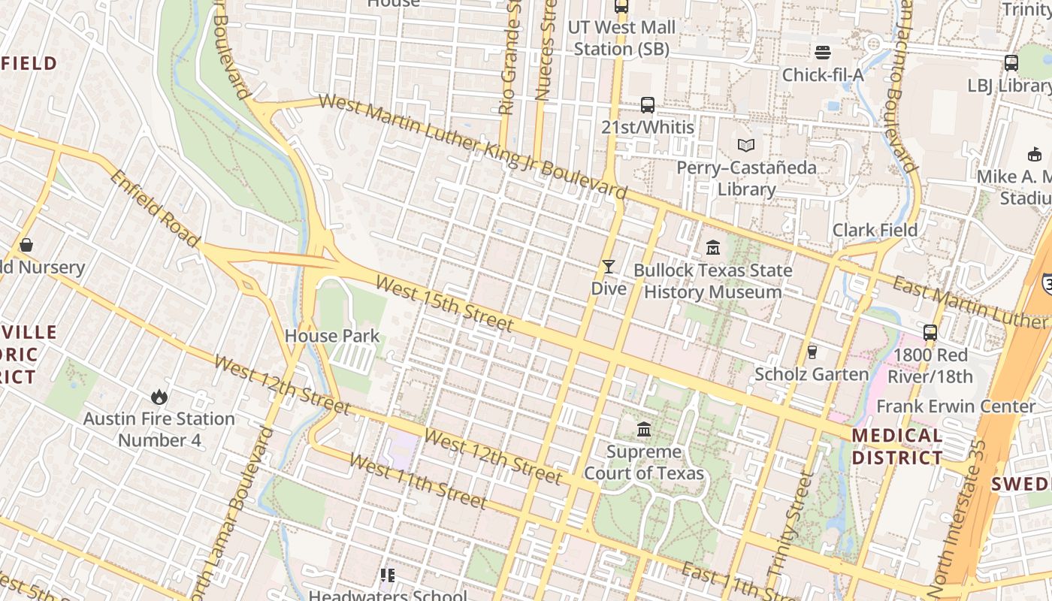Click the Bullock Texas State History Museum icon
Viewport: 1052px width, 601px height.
pos(713,247)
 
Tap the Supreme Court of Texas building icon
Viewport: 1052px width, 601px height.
pos(644,430)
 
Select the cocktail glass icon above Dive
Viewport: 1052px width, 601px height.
pos(608,267)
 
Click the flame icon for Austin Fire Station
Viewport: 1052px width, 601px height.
pos(159,396)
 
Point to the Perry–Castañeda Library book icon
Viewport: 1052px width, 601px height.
pos(745,145)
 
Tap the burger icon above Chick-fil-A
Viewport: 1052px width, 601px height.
pos(823,53)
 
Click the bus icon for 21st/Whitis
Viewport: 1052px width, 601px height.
pos(648,105)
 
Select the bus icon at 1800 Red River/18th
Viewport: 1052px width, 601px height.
pos(930,332)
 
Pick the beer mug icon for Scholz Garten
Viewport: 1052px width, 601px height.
pos(812,352)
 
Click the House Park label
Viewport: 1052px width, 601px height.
pos(332,336)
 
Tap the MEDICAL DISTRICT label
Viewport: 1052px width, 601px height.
pos(897,446)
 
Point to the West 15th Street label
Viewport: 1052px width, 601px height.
pos(444,304)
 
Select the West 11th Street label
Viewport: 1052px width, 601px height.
pos(418,482)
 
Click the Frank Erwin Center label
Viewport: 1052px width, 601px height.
pos(956,406)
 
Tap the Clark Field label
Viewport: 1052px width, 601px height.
pos(875,230)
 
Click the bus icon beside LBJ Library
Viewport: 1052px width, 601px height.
pos(1011,63)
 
